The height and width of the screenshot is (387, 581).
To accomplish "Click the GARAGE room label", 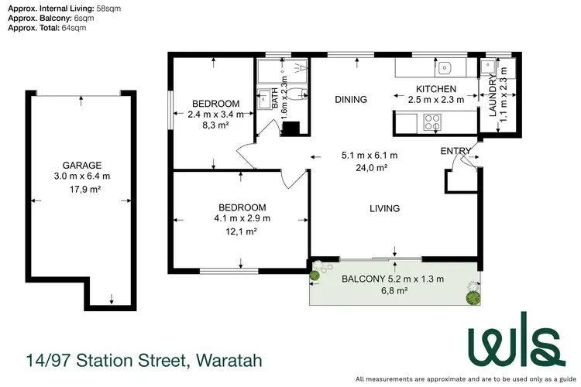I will point(82,165).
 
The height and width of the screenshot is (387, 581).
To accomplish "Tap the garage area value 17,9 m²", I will point(82,190).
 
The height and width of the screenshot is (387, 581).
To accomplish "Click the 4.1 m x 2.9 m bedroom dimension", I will point(242,217).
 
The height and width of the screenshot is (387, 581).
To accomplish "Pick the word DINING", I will point(350,99).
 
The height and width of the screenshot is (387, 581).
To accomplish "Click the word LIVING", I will point(384,208).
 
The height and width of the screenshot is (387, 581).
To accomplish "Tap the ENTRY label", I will point(455,150).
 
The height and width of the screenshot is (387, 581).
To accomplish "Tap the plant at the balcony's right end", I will point(472,293).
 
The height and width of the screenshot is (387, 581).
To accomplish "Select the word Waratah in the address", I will point(229,360).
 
